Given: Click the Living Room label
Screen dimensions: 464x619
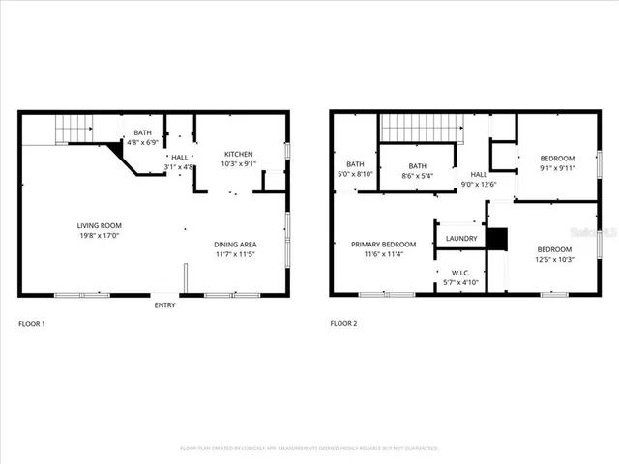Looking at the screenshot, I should (105, 225).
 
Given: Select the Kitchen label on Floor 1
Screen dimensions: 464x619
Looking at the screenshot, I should (239, 154).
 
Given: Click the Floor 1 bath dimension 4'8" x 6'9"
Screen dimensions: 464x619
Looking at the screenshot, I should (142, 143).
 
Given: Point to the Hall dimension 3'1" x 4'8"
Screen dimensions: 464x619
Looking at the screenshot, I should (180, 167).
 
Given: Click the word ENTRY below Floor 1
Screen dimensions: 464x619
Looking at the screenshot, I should (165, 306).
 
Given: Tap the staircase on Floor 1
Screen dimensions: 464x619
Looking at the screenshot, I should (74, 128).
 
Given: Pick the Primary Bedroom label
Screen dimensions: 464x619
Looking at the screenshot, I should (383, 245).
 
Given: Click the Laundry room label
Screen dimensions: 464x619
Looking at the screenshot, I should (461, 238).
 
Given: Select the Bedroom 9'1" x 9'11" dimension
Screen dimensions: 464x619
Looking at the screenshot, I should (557, 168).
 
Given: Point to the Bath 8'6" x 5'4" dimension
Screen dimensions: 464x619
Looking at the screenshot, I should (417, 176).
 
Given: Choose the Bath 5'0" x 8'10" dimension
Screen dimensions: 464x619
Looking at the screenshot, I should (355, 174).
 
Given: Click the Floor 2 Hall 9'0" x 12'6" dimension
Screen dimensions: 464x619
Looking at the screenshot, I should (479, 185).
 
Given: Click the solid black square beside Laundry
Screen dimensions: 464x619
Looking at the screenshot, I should (496, 239).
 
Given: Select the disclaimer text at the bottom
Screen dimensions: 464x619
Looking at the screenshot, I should (309, 449).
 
